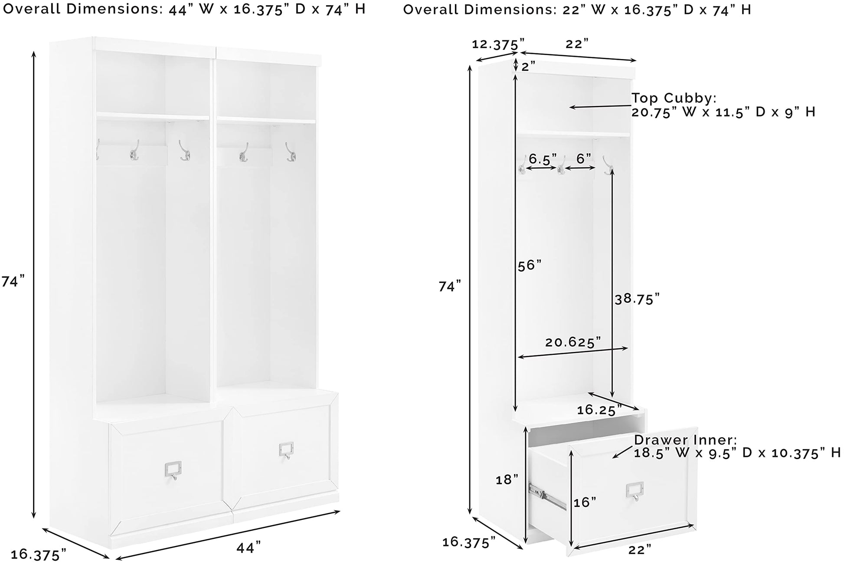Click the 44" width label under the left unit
pos(249,547)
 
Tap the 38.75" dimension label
pos(637,299)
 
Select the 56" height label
pos(530,266)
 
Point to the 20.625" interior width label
pos(573,342)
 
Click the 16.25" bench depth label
pos(599,410)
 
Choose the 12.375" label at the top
pos(498,44)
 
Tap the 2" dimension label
pos(528,66)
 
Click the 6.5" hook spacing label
pos(543,159)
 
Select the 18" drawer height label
pos(507,480)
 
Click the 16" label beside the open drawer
pos(585,502)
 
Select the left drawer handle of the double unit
pos(173,470)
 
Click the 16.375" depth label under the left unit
pos(38,554)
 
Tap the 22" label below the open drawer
pos(640,549)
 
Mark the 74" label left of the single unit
pos(450,286)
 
